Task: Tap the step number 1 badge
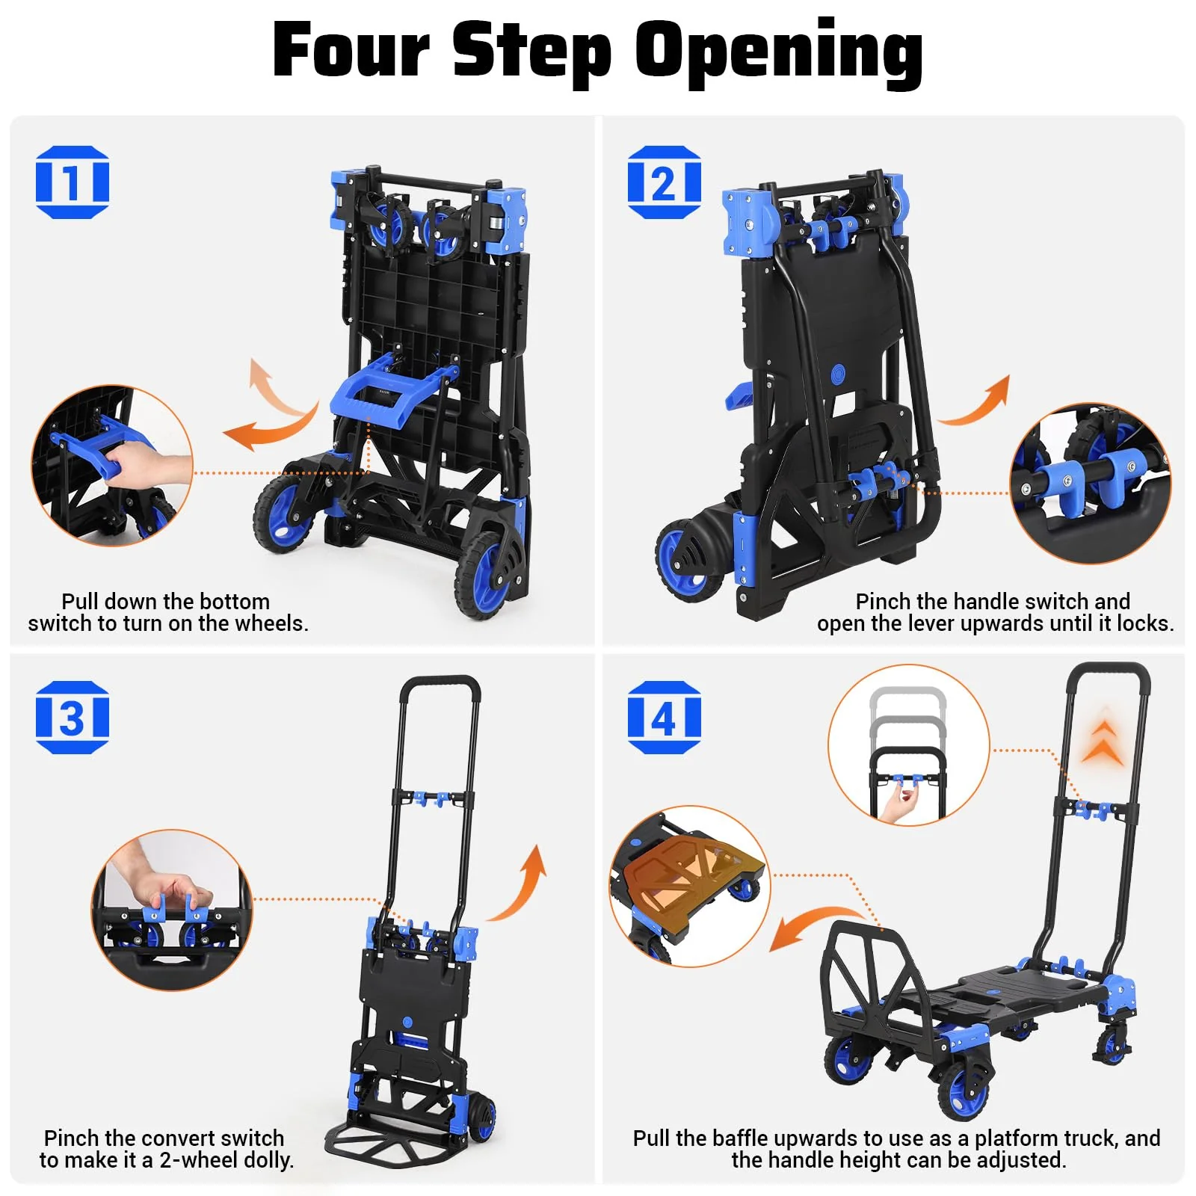pyautogui.click(x=73, y=182)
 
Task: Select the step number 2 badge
pyautogui.click(x=664, y=182)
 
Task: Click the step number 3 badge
pyautogui.click(x=73, y=718)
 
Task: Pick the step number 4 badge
pyautogui.click(x=664, y=718)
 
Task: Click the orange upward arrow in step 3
pyautogui.click(x=523, y=882)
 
